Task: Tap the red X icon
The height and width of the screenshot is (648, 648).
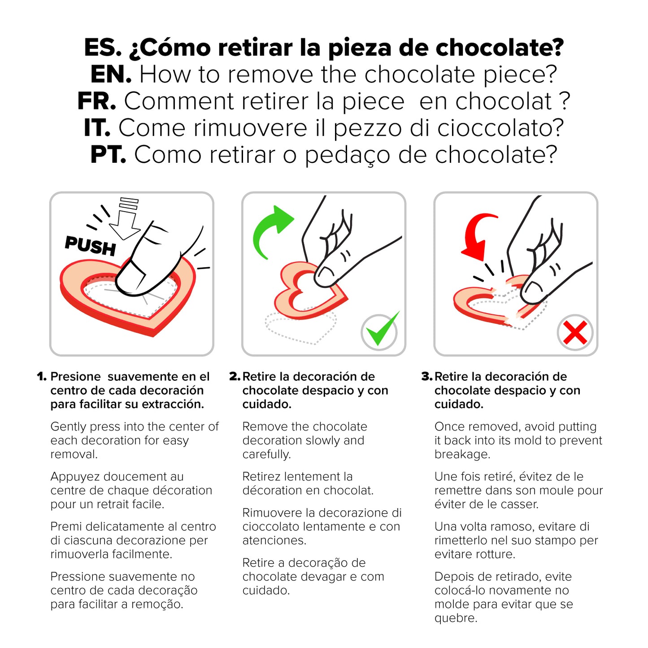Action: click(575, 333)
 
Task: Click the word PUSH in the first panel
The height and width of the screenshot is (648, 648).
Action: click(90, 246)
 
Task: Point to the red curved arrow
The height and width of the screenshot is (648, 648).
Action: click(478, 236)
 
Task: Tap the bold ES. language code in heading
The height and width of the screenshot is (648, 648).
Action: click(103, 48)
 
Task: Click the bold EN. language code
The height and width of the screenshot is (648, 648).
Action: click(111, 74)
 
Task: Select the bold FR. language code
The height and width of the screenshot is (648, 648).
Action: click(96, 101)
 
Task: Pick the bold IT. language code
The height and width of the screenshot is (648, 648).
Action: click(97, 128)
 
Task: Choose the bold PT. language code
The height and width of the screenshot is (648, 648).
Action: click(108, 155)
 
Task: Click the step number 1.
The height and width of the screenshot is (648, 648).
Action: click(42, 377)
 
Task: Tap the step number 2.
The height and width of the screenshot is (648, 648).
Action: click(235, 377)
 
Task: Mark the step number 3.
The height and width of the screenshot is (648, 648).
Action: click(427, 377)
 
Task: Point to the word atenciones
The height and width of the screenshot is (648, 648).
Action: click(274, 540)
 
